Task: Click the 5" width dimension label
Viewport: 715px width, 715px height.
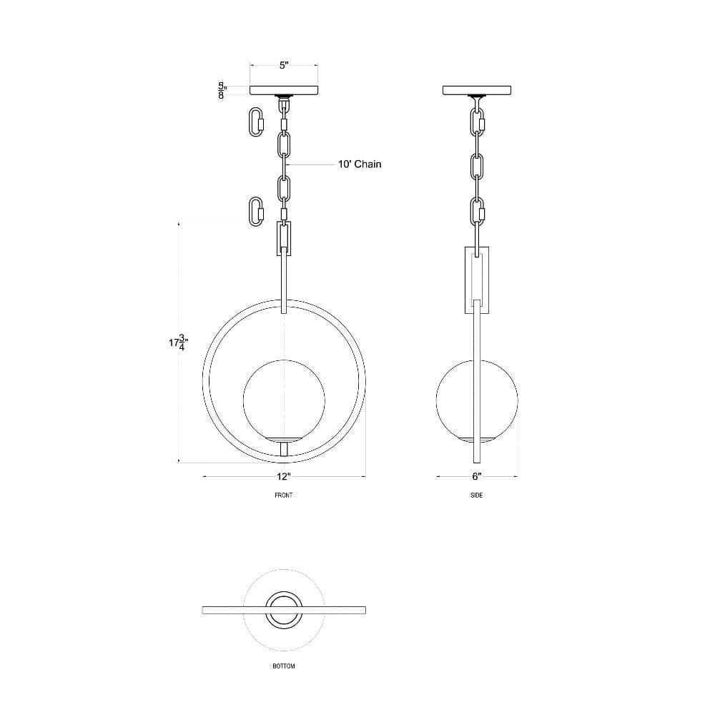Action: [284, 65]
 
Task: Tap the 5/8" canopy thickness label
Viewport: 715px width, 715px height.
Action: [222, 91]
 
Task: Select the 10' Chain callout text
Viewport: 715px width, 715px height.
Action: [360, 164]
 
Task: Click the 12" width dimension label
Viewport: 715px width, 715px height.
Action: [283, 476]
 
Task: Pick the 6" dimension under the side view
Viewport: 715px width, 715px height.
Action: [476, 476]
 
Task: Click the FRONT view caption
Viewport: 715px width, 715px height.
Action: [283, 495]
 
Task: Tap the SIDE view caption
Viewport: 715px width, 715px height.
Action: [476, 495]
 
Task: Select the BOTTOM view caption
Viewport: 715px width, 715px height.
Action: [284, 666]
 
